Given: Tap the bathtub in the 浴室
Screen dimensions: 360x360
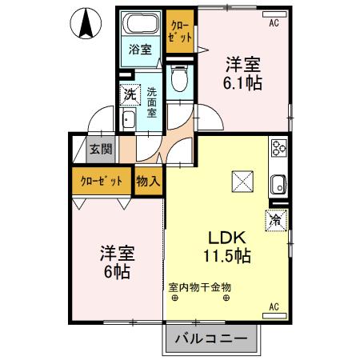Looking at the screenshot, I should (141, 24).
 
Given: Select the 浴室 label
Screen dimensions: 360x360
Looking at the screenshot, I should (141, 50).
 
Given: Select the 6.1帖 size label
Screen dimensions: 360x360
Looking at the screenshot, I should (242, 82).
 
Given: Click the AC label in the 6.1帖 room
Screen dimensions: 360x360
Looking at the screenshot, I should (274, 22).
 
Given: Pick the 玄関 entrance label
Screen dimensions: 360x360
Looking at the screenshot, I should (101, 150).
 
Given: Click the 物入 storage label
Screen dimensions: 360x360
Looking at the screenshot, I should (148, 181).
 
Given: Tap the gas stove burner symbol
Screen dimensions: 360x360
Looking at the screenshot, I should (278, 149).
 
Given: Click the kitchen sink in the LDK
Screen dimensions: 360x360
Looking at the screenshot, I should (278, 183).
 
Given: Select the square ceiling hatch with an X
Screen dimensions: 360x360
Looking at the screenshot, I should (241, 183).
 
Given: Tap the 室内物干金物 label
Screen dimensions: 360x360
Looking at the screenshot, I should (199, 286).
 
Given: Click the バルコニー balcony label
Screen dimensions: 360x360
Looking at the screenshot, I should (212, 340).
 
